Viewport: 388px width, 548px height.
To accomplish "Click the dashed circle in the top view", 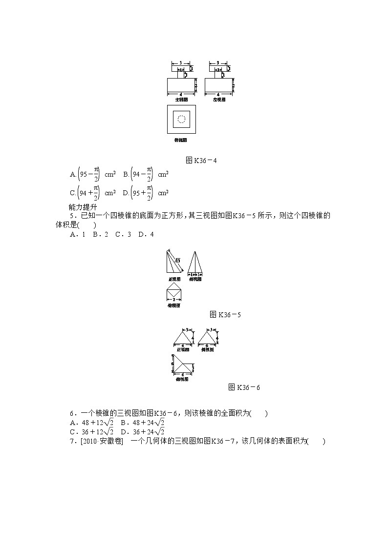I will (x=182, y=119).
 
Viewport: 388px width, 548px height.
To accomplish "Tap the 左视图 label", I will (x=219, y=99).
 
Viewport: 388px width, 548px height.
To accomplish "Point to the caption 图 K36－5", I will (x=225, y=315).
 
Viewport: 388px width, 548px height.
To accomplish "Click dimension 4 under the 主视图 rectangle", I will (x=181, y=93).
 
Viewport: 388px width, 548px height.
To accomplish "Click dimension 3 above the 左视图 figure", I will (x=218, y=62).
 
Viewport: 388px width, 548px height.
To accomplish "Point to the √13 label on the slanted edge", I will (x=178, y=261).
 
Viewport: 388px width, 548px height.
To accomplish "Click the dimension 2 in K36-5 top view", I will (x=174, y=299).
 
